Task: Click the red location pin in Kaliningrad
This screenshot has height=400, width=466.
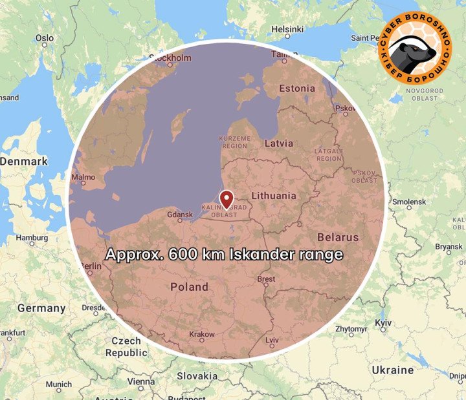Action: [x=227, y=198]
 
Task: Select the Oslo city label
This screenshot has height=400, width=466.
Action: [x=45, y=38]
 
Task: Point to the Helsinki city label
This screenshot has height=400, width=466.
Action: [x=287, y=29]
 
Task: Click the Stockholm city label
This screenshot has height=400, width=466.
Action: [x=171, y=58]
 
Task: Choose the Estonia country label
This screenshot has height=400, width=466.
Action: [x=296, y=88]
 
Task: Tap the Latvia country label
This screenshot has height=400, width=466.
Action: [x=279, y=143]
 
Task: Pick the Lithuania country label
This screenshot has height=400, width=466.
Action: [x=274, y=195]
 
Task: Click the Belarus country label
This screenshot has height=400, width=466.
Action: [x=338, y=237]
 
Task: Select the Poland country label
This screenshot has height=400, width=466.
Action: [x=189, y=286]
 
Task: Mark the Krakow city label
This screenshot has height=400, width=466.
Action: [x=202, y=334]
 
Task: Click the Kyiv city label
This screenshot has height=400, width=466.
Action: [x=383, y=322]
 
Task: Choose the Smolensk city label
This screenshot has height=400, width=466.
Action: [x=409, y=202]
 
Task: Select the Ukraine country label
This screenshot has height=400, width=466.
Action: [x=392, y=370]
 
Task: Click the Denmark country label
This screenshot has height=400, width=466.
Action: [x=24, y=161]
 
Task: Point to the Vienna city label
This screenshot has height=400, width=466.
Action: [x=141, y=381]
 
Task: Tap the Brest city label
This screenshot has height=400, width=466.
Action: [x=266, y=279]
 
